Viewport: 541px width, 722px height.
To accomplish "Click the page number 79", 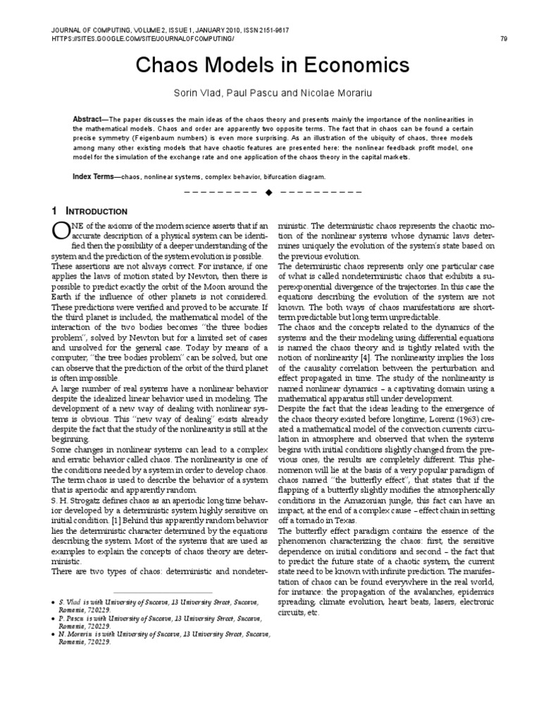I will pos(504,39).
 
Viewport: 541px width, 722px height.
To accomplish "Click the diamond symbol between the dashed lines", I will pos(268,192).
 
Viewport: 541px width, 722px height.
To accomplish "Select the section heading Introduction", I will pos(96,212).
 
